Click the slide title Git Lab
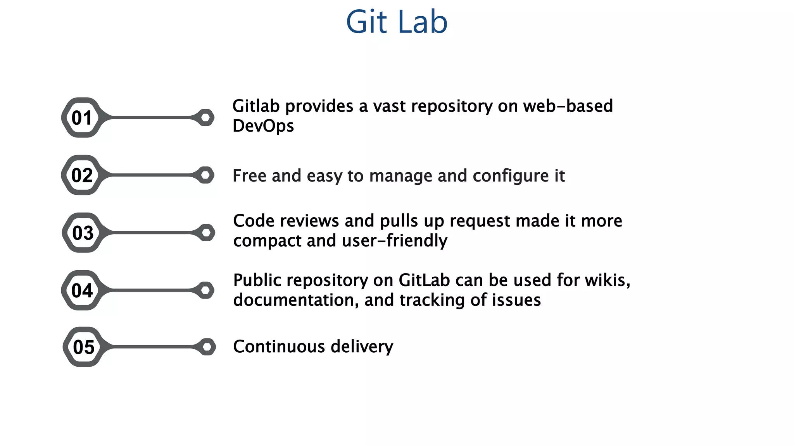pos(397,22)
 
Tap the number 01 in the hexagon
pos(82,118)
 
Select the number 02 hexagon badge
pos(82,175)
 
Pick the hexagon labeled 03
pos(83,233)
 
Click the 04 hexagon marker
pos(82,290)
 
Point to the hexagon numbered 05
pos(83,347)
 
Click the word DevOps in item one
pos(263,126)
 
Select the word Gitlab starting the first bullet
pos(256,106)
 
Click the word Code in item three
pos(254,221)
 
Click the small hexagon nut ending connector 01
pos(206,117)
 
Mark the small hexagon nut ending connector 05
pos(207,347)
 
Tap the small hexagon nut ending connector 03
pos(207,233)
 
